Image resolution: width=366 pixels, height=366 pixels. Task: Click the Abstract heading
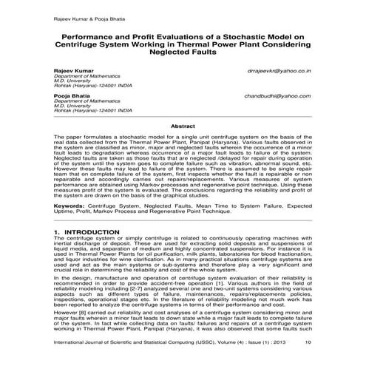tap(183, 126)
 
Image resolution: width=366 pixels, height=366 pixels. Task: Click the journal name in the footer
tap(133, 342)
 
